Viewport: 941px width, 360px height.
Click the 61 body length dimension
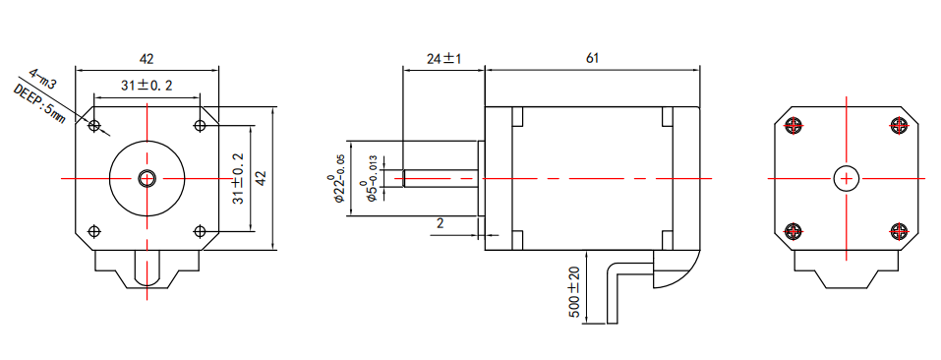pos(592,58)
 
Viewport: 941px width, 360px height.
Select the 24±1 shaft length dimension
pos(443,58)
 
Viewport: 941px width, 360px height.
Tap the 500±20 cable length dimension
pos(573,293)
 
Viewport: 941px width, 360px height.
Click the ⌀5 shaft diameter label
pos(371,181)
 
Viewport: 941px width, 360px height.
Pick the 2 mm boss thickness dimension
pos(440,223)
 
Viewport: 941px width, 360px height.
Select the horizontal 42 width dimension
pos(147,59)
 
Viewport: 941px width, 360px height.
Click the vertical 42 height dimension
pos(261,178)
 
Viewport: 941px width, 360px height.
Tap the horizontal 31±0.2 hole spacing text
pos(147,86)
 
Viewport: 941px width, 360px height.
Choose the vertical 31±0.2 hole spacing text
pos(238,178)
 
